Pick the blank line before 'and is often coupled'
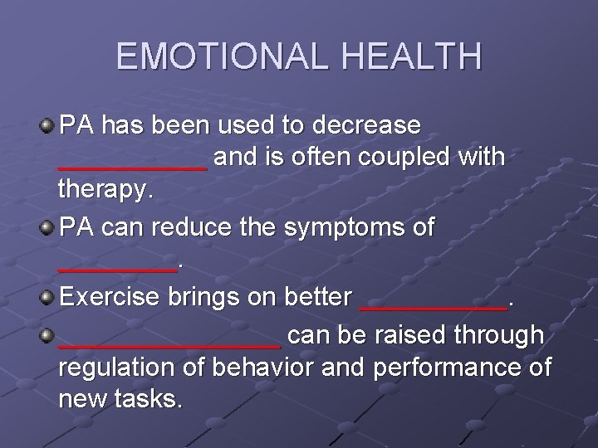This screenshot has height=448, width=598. (133, 166)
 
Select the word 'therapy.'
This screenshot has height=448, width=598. (106, 192)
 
